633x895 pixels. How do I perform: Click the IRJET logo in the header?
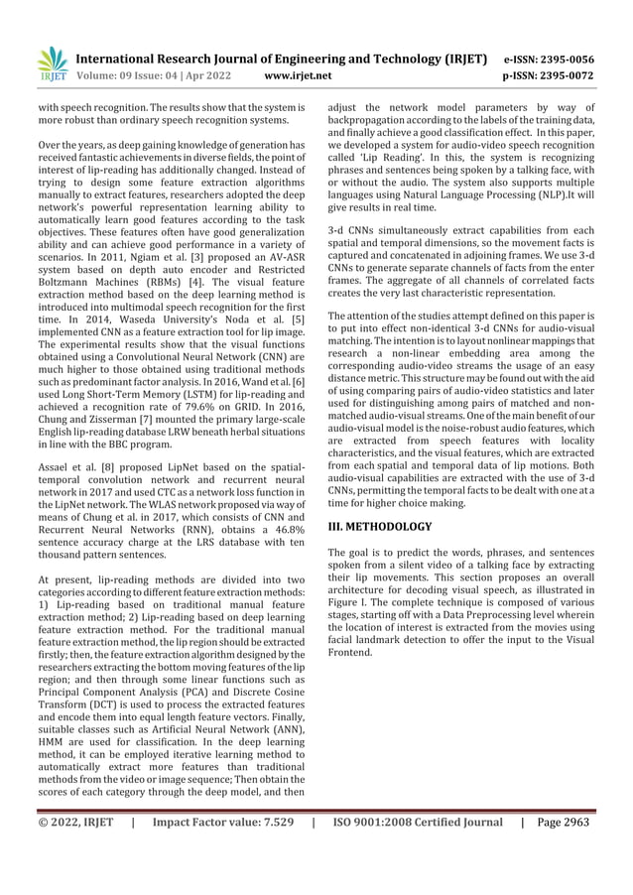click(x=53, y=64)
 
